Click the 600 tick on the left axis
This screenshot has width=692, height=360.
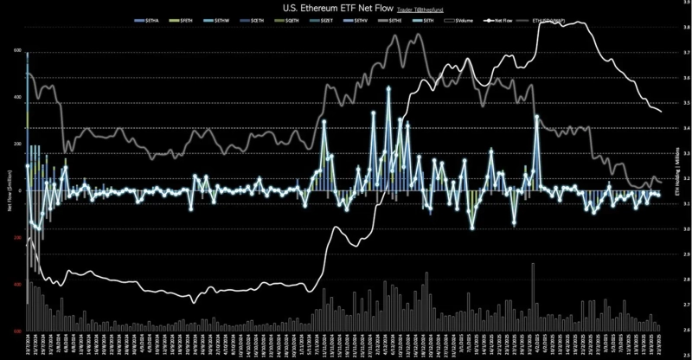click(16, 50)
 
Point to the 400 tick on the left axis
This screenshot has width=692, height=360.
click(16, 97)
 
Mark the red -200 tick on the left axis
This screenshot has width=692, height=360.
click(16, 238)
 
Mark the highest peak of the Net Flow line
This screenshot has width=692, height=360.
click(388, 89)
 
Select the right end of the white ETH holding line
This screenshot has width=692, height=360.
click(662, 111)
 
